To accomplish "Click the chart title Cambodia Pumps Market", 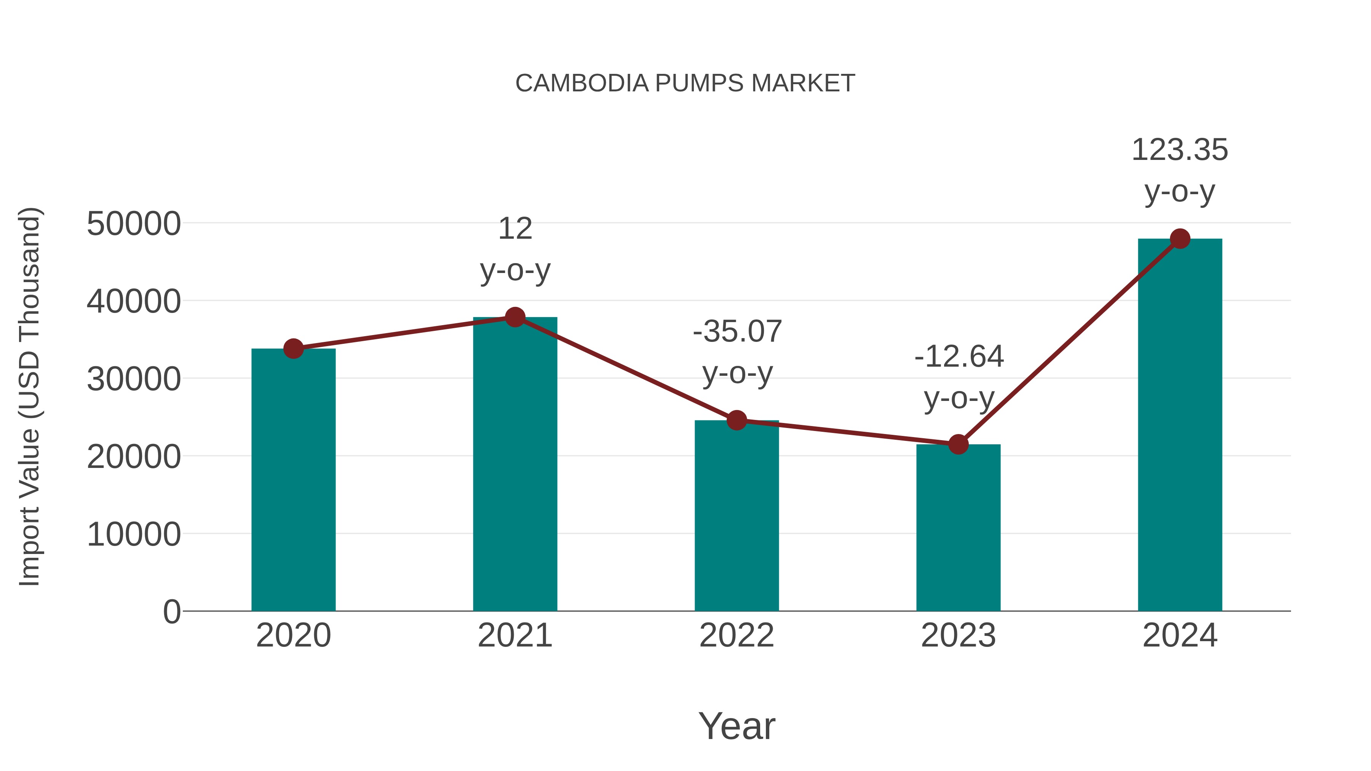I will pos(685,83).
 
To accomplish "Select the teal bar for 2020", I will pos(293,479).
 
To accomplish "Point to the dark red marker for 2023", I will pos(958,444).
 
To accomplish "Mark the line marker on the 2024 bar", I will pos(1180,239).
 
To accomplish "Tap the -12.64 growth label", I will pos(959,376).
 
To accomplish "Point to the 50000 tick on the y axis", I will pos(134,223).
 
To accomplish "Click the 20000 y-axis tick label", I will pos(134,457).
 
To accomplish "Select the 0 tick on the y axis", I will pos(171,611).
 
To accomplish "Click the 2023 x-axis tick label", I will pos(958,635).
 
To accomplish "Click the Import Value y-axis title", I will pos(30,396).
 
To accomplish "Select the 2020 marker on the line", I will pos(293,349).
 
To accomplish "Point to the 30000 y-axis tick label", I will pos(134,379).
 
